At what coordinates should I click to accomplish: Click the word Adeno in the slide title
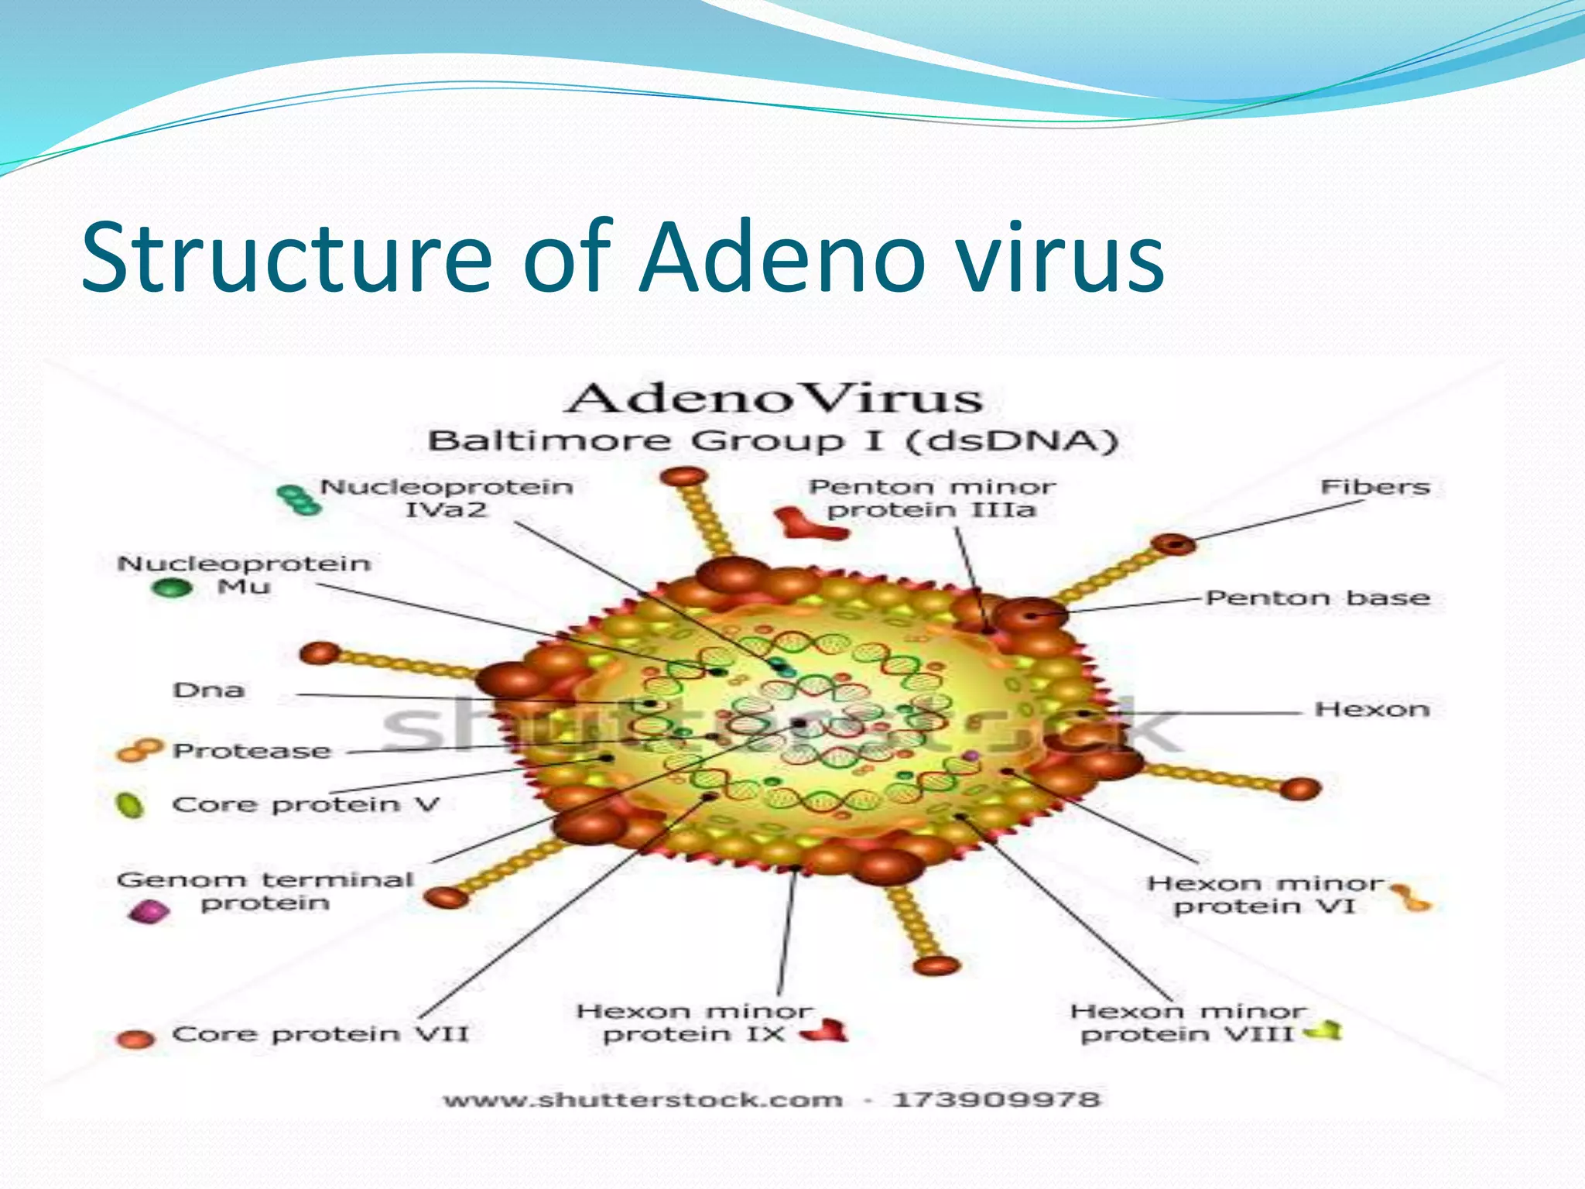pos(782,257)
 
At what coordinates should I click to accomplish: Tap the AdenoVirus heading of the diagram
pos(774,399)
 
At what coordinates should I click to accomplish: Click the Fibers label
pos(1374,487)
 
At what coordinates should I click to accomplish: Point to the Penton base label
pos(1317,598)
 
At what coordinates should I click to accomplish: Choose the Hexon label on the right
pos(1371,709)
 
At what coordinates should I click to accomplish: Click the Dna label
pos(209,690)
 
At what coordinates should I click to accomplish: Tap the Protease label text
pos(252,751)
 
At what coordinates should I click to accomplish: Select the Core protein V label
pos(306,804)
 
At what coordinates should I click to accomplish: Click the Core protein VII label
pos(320,1034)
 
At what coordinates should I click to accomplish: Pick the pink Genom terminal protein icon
pos(149,911)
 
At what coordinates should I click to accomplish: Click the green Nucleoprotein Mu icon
pos(171,588)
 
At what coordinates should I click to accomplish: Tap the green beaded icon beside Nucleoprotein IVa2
pos(299,499)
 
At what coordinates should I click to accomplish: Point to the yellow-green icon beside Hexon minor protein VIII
pos(1324,1030)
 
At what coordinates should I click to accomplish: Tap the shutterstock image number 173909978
pos(996,1099)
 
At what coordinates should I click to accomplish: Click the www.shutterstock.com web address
pos(642,1100)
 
